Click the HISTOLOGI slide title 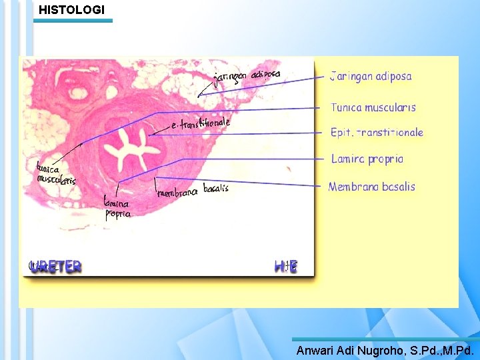(71, 10)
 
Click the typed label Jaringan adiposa (371, 76)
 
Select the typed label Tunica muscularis (373, 107)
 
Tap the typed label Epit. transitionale (377, 133)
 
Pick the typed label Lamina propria (367, 159)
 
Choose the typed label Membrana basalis (371, 187)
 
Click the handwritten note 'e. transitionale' (201, 123)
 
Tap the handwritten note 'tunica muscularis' (55, 175)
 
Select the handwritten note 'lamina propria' (117, 207)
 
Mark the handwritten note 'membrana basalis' (193, 191)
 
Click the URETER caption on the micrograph (55, 266)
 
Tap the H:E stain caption (285, 266)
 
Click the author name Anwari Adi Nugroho (349, 350)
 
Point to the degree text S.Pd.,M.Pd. (441, 350)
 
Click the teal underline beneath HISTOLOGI (73, 21)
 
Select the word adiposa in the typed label (393, 76)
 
